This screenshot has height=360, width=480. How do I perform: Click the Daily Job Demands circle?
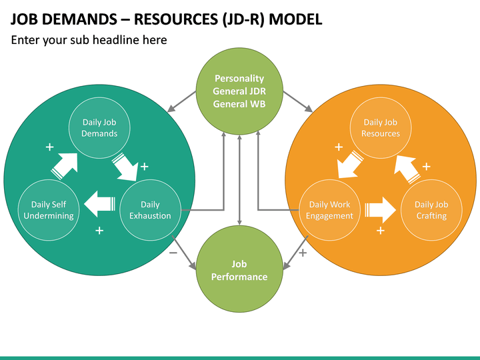99,127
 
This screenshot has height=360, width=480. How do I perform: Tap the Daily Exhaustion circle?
150,210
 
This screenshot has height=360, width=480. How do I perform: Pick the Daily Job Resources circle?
381,127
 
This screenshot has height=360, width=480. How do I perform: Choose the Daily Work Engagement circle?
329,210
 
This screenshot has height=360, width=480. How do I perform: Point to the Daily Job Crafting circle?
431,210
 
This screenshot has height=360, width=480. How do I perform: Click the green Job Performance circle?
239,271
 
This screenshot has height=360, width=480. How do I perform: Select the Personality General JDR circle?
239,92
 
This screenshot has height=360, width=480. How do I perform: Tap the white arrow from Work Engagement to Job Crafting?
380,210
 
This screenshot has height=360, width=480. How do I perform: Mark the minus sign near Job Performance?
173,253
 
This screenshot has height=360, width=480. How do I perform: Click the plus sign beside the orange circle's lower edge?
303,253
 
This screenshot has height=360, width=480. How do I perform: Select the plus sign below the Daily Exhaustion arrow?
99,231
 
